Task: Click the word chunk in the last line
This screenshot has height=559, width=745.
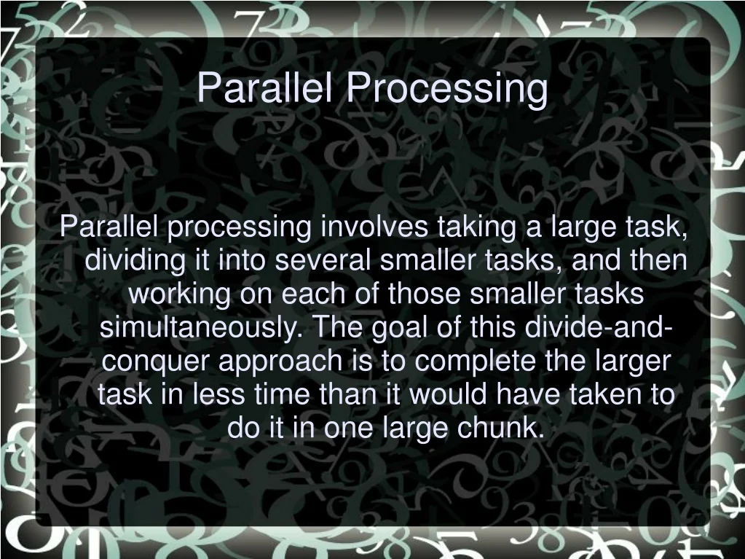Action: (x=500, y=427)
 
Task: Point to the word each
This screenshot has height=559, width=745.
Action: (x=313, y=294)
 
